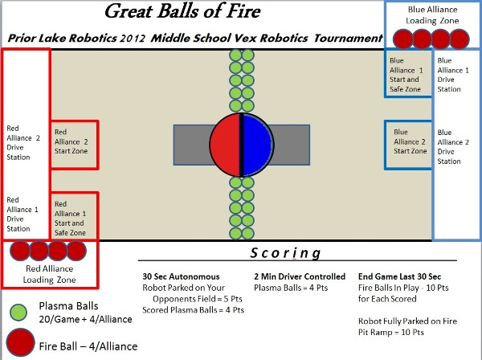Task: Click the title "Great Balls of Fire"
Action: coord(182,11)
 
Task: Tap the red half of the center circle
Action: coord(225,145)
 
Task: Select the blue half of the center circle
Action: coord(258,145)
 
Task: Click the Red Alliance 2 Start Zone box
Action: coord(74,145)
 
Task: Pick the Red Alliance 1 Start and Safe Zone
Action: coord(74,216)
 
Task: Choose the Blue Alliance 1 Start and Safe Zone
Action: coord(408,73)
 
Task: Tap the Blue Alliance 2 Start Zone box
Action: coord(408,145)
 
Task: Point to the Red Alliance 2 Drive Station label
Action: coord(23,143)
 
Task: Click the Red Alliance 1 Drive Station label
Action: coord(22,215)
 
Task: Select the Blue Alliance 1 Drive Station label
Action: coord(453,75)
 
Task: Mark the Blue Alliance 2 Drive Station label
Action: coord(453,146)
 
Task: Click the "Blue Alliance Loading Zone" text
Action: coord(432,15)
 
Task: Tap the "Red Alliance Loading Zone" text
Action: coord(50,274)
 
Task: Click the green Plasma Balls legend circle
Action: coord(18,313)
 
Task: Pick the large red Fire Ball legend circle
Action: coord(20,343)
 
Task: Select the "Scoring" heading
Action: coord(285,253)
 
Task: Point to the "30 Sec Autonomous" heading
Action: coord(181,276)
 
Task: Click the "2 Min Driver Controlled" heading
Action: coord(300,276)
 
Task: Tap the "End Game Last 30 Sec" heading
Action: coord(399,276)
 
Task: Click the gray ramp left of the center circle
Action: coord(192,145)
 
